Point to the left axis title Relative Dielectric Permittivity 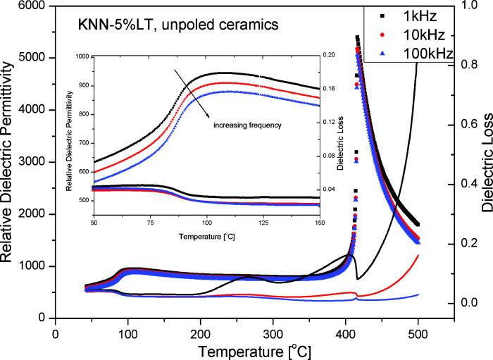(9, 161)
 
